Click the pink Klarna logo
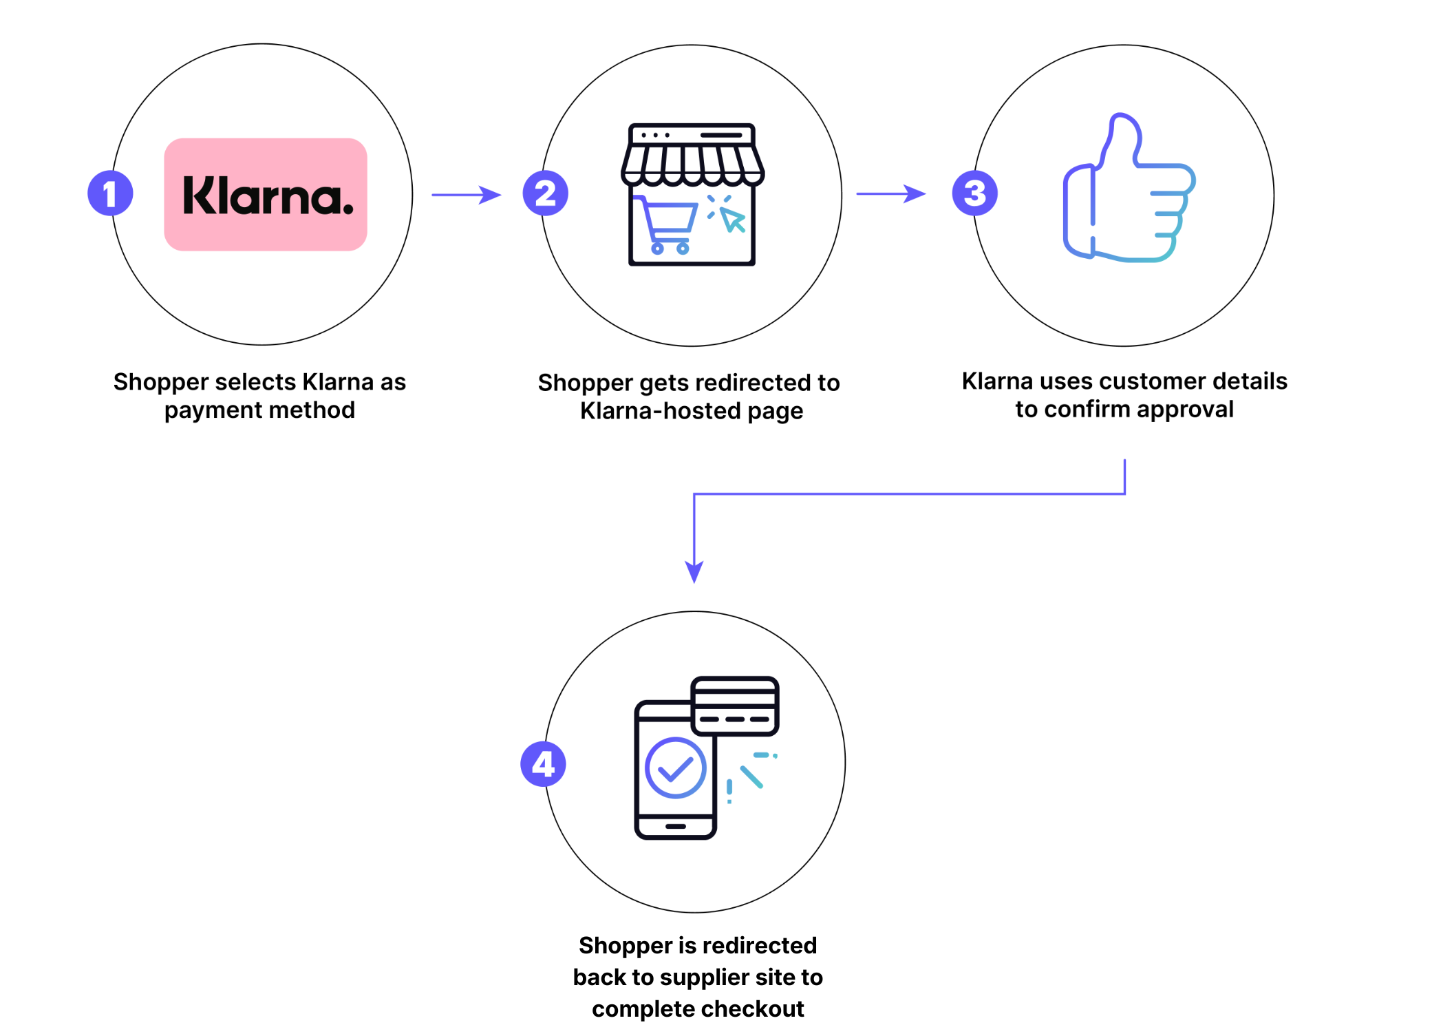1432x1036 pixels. (x=266, y=195)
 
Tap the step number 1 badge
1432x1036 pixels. (x=110, y=193)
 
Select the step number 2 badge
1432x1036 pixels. (x=545, y=193)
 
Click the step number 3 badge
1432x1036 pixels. (x=974, y=193)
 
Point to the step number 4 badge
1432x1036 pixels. (x=543, y=764)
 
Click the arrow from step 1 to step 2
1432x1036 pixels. (x=466, y=195)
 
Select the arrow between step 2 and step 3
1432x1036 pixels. (x=890, y=194)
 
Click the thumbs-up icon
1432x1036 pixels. (x=1128, y=189)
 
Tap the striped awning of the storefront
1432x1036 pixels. (x=692, y=165)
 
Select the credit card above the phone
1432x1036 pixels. (x=735, y=706)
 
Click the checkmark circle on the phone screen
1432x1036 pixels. (x=675, y=768)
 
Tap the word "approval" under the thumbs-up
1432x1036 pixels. (x=1185, y=410)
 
